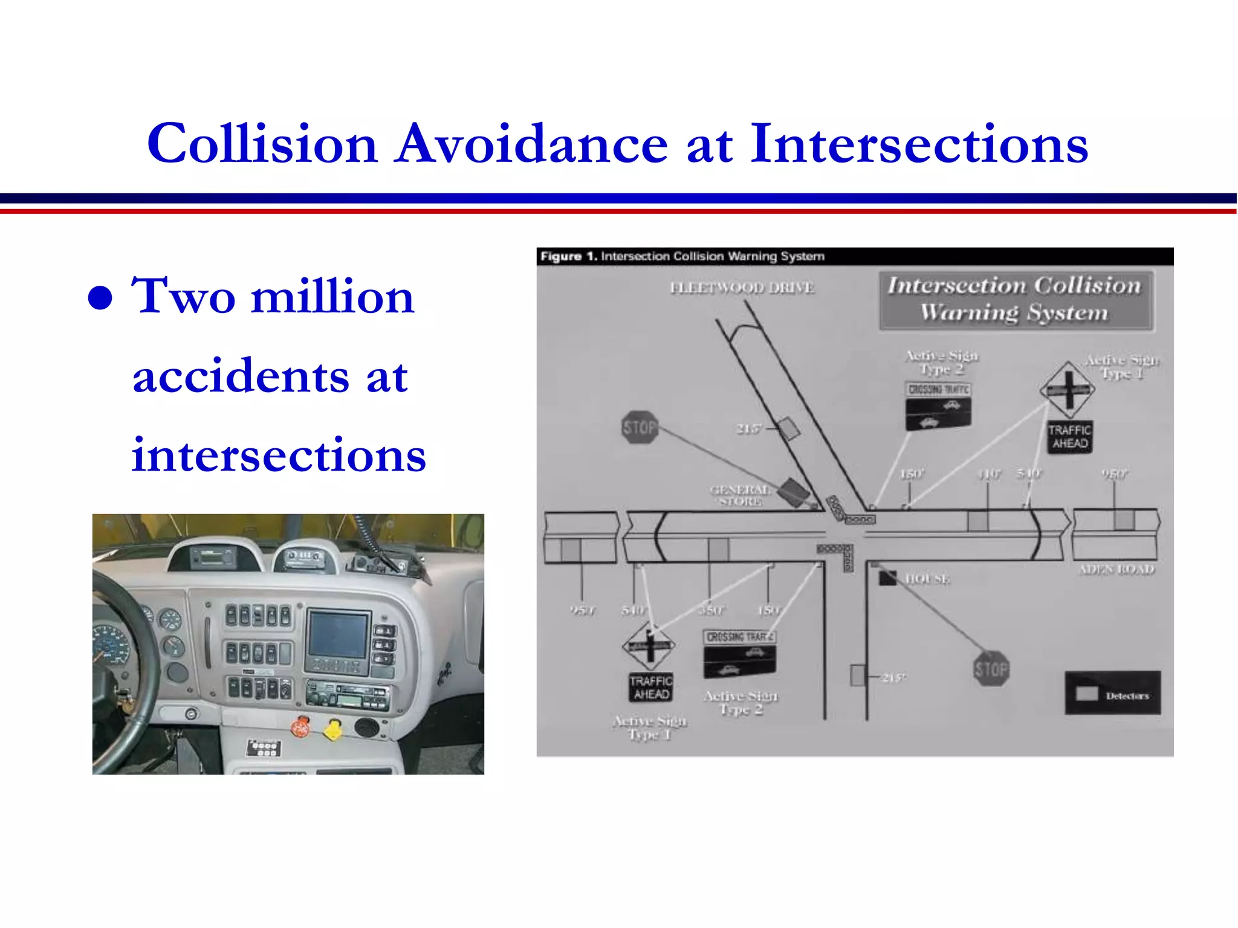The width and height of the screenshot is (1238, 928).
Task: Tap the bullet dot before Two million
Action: pyautogui.click(x=100, y=298)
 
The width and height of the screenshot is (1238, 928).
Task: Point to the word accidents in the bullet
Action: pyautogui.click(x=241, y=376)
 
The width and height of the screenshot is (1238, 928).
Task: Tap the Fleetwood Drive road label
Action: pyautogui.click(x=742, y=288)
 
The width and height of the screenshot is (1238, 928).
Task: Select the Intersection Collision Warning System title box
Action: pyautogui.click(x=1016, y=300)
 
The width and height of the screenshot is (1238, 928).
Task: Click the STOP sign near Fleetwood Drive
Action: pyautogui.click(x=640, y=428)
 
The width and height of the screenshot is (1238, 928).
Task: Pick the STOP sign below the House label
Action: pyautogui.click(x=991, y=669)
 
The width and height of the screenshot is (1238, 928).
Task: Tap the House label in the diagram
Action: pyautogui.click(x=927, y=579)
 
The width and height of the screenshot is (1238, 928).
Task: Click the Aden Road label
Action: pyautogui.click(x=1116, y=569)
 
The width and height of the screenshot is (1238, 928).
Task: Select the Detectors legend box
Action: pyautogui.click(x=1112, y=694)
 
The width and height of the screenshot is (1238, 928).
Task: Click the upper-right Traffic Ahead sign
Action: pyautogui.click(x=1069, y=437)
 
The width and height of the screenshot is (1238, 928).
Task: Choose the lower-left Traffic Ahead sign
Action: pyautogui.click(x=650, y=688)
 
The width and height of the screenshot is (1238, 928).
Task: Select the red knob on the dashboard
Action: pyautogui.click(x=300, y=727)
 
